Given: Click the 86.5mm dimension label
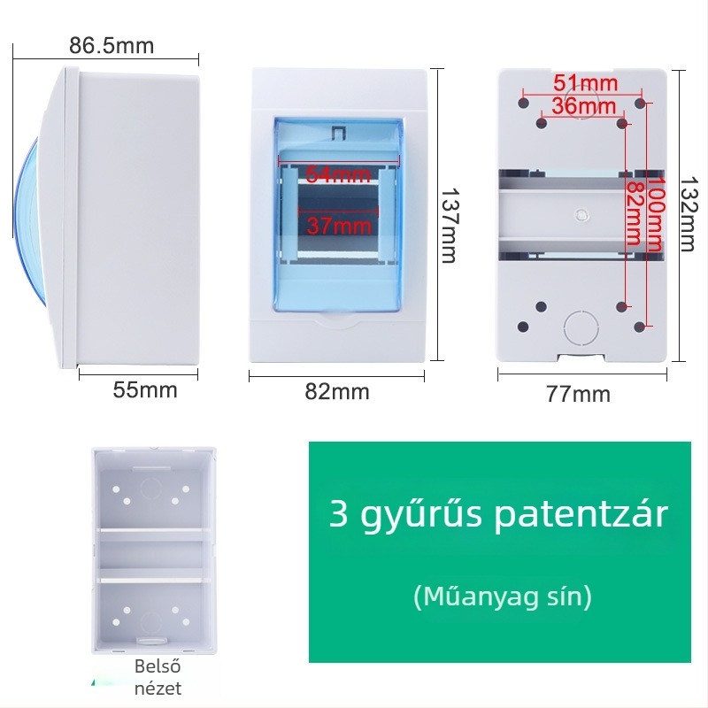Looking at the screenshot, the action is (112, 46).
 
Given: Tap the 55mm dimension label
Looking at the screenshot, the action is (145, 390).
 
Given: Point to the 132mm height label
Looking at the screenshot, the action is (689, 213).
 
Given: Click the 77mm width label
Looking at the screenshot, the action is (578, 394).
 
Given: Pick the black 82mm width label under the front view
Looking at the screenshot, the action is (337, 391).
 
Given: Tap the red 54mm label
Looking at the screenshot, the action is (338, 174).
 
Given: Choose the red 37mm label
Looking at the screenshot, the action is (339, 226).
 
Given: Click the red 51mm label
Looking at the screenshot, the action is (585, 83).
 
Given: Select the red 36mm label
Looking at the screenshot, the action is (584, 106).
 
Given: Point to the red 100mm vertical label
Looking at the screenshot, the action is (655, 214).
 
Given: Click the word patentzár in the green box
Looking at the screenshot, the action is (581, 515).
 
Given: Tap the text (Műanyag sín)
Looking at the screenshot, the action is (502, 596).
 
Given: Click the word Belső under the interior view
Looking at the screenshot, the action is (158, 666).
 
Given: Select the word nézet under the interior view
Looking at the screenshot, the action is (158, 689).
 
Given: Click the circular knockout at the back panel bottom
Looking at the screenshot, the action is (581, 328).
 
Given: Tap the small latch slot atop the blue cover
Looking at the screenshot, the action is (338, 133).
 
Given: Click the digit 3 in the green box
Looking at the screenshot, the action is (338, 514).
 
